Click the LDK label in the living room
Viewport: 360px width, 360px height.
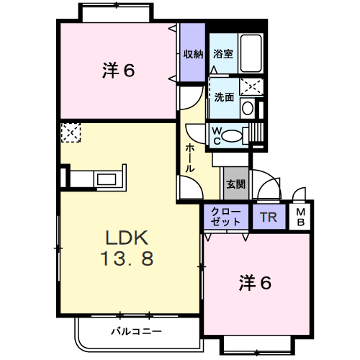coord(127,238)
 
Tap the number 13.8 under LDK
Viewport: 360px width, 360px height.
coord(127,258)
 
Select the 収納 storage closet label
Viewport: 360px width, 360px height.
coord(193,54)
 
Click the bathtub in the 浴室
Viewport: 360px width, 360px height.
coord(251,53)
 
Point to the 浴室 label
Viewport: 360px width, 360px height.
coord(223,54)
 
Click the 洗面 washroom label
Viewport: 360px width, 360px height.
coord(224,97)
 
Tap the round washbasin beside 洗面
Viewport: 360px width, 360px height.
coord(248,108)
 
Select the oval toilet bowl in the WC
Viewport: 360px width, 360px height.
coord(232,135)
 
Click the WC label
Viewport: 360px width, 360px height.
coord(217,136)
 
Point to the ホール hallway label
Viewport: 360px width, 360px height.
coord(190,158)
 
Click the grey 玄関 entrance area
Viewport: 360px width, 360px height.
coord(236,184)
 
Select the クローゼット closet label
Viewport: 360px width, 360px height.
coord(225,217)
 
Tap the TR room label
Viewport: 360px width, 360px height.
coord(269,217)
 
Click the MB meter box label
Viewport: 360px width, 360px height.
coord(300,217)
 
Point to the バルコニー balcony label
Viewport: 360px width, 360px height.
coord(136,331)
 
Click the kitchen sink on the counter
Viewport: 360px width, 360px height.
coord(107,179)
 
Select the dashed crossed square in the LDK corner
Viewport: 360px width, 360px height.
coord(71,132)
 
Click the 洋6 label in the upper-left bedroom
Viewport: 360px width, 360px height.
coord(118,70)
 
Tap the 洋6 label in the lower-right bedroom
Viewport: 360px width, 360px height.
coord(255,283)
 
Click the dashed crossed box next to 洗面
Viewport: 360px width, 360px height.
coord(251,86)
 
